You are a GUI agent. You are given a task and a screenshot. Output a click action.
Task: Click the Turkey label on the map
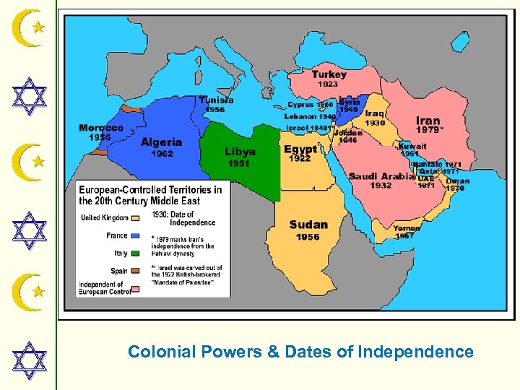click(329, 74)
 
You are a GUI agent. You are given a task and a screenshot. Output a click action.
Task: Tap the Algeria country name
click(161, 142)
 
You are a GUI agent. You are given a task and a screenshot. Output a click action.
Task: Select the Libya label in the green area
click(240, 152)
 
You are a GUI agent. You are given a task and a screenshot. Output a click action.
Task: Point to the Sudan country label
click(308, 225)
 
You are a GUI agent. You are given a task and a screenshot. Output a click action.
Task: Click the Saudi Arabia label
click(381, 176)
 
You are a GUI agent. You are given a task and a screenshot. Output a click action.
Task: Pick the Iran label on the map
click(428, 121)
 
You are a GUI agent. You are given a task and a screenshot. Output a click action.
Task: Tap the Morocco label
click(101, 128)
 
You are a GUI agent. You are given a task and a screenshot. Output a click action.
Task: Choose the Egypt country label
click(300, 149)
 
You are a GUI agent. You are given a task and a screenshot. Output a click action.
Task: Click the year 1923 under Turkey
click(328, 84)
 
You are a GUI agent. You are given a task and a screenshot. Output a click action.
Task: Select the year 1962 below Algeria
click(162, 153)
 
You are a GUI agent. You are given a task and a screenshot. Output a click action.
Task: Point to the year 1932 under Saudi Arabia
click(381, 186)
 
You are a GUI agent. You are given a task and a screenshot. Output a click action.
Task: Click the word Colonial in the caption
click(160, 352)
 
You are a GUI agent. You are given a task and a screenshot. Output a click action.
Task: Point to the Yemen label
click(407, 228)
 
